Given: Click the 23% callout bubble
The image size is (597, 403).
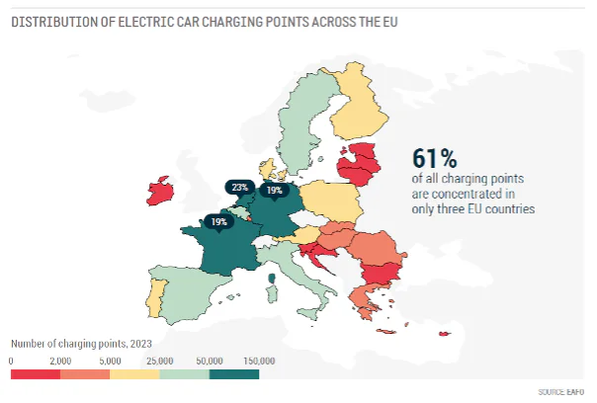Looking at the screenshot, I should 238,187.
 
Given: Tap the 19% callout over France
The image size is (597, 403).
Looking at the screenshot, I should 219,222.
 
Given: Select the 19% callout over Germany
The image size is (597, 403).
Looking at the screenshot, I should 275,190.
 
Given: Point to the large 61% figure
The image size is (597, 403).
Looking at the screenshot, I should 434,158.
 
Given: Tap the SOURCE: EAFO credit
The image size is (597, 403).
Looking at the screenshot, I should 564,391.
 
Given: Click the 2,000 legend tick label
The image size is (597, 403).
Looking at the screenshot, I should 59,361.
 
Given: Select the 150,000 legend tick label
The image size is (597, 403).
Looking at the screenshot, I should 258,361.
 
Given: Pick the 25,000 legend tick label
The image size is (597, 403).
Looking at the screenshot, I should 159,361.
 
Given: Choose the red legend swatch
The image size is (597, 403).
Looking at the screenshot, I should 35,374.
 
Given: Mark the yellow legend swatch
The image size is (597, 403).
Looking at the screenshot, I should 134,374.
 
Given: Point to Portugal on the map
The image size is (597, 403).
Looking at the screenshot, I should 154,293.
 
